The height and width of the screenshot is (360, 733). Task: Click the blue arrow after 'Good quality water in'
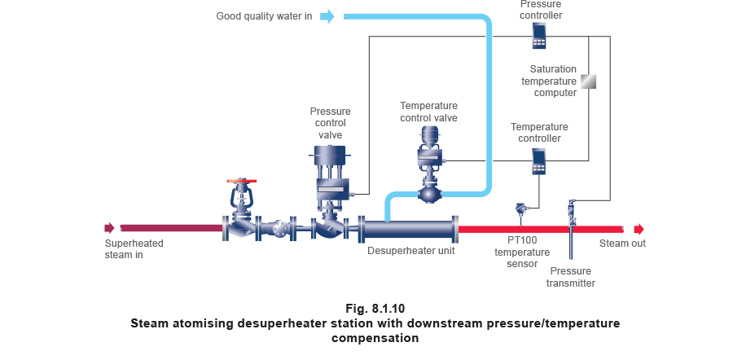coord(327,16)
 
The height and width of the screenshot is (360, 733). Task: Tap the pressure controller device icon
coord(538,35)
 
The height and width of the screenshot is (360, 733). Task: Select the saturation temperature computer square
coord(588,81)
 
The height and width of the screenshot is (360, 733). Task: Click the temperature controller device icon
coord(538,160)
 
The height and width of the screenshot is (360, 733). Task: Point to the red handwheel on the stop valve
coord(242,180)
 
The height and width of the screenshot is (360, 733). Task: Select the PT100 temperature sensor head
coord(520,211)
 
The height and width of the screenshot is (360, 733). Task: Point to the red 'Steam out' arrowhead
coord(639,229)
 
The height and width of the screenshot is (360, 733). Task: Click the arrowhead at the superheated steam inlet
coord(109,229)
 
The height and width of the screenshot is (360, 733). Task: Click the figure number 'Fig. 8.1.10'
coord(374,309)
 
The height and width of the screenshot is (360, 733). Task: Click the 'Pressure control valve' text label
coord(331,123)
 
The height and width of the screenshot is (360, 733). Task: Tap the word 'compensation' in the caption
coord(375,338)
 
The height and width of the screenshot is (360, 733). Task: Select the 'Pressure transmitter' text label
coord(570,277)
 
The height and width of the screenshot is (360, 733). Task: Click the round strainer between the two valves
coord(282,229)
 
